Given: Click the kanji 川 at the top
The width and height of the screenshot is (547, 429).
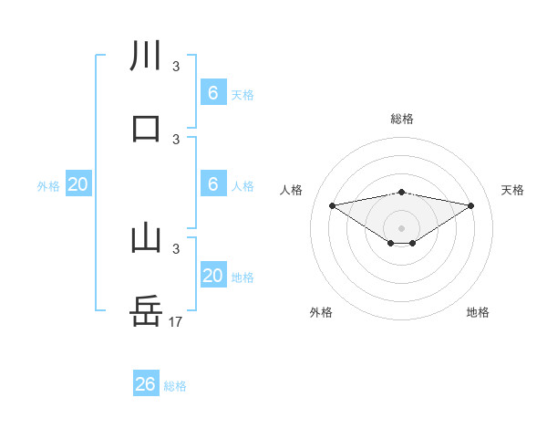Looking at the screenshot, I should pyautogui.click(x=146, y=56).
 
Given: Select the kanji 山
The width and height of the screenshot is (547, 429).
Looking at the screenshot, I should pyautogui.click(x=146, y=238).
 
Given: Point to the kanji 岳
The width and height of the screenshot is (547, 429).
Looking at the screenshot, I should pyautogui.click(x=146, y=311).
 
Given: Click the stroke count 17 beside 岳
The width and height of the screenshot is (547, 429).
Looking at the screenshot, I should pyautogui.click(x=177, y=321).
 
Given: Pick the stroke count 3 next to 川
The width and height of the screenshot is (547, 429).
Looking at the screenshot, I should pyautogui.click(x=176, y=66).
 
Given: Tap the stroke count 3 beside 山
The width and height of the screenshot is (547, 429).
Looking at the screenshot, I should pyautogui.click(x=176, y=248).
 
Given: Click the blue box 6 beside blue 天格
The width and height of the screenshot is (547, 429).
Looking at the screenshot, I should pyautogui.click(x=212, y=93).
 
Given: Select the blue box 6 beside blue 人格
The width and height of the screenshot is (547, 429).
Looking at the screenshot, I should pyautogui.click(x=212, y=184).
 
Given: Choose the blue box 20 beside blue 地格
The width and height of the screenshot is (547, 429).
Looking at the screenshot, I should pyautogui.click(x=212, y=276).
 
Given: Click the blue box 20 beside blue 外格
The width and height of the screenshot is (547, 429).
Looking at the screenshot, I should pyautogui.click(x=78, y=184).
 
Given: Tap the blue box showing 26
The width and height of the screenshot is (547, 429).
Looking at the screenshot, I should pyautogui.click(x=145, y=384).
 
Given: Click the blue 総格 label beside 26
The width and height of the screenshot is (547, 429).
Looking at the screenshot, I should pyautogui.click(x=175, y=386).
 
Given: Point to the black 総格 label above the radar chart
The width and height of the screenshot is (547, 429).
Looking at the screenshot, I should pyautogui.click(x=401, y=119).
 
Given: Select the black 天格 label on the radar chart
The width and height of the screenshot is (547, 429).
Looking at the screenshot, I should pyautogui.click(x=513, y=190).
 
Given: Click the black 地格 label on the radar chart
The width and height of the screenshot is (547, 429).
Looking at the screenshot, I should pyautogui.click(x=478, y=312).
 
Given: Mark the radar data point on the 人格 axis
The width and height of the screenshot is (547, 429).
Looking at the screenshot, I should pyautogui.click(x=332, y=205).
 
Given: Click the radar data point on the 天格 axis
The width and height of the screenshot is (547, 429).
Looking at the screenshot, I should pyautogui.click(x=471, y=205).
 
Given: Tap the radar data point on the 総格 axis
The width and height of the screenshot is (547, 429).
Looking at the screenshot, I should pyautogui.click(x=401, y=192).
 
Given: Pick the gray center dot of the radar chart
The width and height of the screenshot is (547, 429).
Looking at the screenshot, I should pyautogui.click(x=401, y=227).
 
